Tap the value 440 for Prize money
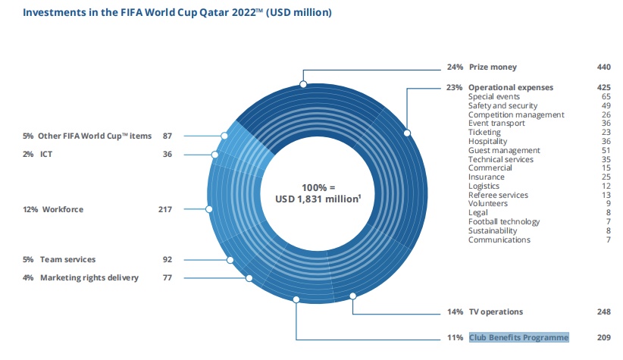click(x=603, y=67)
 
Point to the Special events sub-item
click(x=493, y=96)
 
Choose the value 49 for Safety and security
click(x=606, y=105)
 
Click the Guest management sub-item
click(x=504, y=150)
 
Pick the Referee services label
click(x=499, y=195)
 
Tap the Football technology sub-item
click(x=504, y=222)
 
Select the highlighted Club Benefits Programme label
click(x=518, y=337)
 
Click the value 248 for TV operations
click(x=603, y=311)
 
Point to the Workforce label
click(x=61, y=209)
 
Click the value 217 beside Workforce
click(x=164, y=209)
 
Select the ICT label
click(x=45, y=154)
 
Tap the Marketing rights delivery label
click(x=89, y=277)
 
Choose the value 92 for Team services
click(x=167, y=259)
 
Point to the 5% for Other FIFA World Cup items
click(x=28, y=136)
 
